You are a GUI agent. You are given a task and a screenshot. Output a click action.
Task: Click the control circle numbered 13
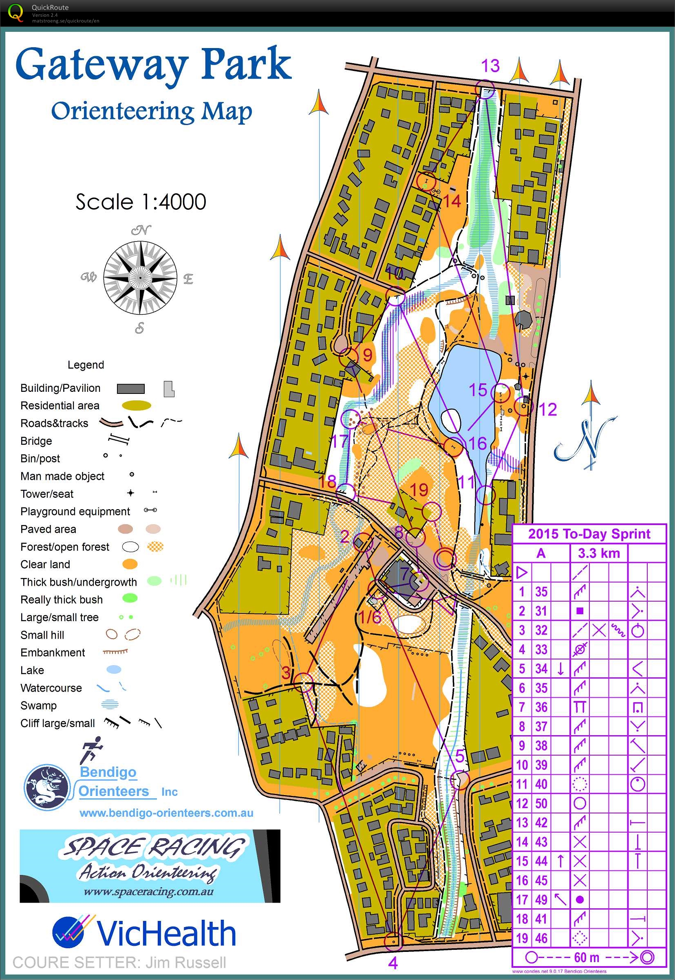[x=485, y=90]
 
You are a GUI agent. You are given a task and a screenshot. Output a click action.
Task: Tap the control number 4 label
[x=393, y=963]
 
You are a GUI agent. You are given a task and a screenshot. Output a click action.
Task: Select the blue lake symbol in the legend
[x=113, y=669]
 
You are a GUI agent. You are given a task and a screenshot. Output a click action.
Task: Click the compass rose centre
[x=140, y=278]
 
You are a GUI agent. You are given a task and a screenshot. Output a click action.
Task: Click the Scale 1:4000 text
[x=141, y=202]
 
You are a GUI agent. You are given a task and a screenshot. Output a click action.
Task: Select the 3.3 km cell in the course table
[x=598, y=553]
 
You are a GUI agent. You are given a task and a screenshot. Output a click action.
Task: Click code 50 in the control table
[x=541, y=803]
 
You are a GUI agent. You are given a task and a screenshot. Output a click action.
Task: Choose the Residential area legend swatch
[x=137, y=406]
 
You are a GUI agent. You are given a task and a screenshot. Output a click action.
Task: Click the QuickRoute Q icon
[x=15, y=13]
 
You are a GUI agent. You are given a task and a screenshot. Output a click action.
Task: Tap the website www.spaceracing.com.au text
[x=148, y=892]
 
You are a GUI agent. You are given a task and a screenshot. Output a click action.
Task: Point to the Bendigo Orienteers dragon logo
[x=46, y=787]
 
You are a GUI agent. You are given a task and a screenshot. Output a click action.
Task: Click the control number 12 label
[x=548, y=409]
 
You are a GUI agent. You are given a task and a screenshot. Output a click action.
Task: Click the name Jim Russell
[x=186, y=962]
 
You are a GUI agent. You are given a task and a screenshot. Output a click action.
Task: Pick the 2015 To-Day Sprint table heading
[x=589, y=534]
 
